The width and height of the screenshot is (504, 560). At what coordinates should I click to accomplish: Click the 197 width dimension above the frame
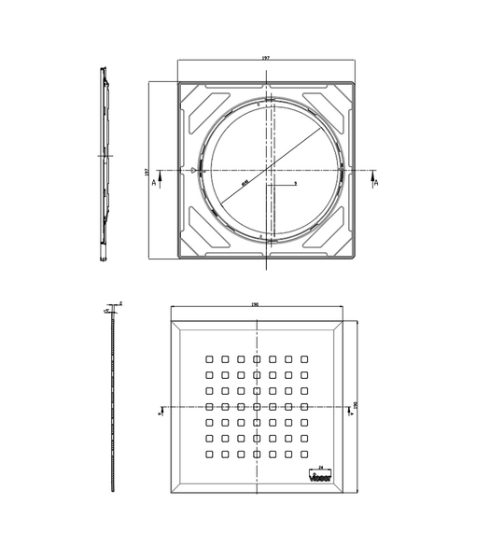click(x=267, y=58)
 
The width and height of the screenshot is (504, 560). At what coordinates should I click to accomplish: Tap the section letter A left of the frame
click(x=154, y=183)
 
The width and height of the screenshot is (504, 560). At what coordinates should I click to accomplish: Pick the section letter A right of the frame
click(x=376, y=183)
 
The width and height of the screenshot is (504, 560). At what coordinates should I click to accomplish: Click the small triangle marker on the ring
click(x=191, y=171)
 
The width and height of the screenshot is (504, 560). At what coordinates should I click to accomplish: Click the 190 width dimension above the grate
click(x=256, y=303)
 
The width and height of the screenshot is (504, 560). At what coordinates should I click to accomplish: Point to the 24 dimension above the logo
click(x=320, y=464)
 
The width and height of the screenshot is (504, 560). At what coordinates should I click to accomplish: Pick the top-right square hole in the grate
click(x=304, y=358)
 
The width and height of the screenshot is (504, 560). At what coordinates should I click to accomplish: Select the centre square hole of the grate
click(x=257, y=406)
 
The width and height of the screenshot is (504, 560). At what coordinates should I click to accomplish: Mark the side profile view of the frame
click(x=105, y=163)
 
